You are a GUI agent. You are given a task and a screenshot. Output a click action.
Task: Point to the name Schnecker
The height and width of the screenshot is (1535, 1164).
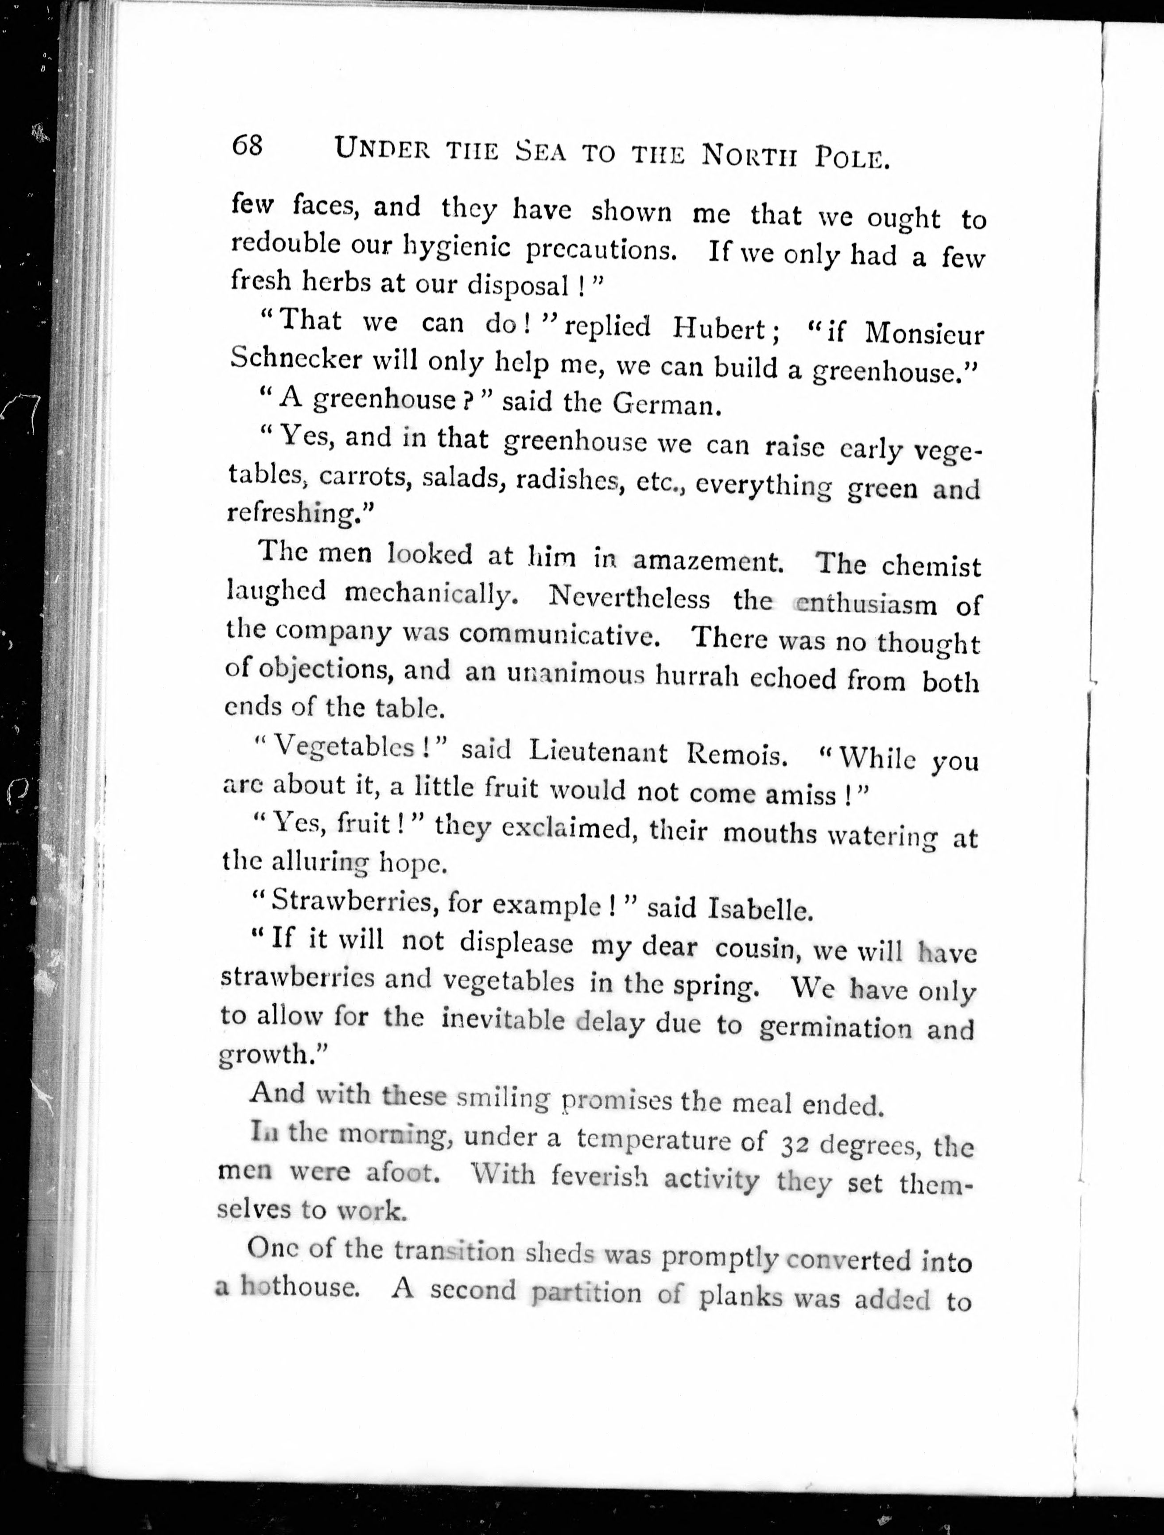[x=295, y=358]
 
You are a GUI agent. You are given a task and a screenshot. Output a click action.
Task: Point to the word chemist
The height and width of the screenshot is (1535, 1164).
[x=931, y=566]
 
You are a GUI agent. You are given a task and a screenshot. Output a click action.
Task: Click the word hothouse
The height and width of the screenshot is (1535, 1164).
[x=300, y=1287]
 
